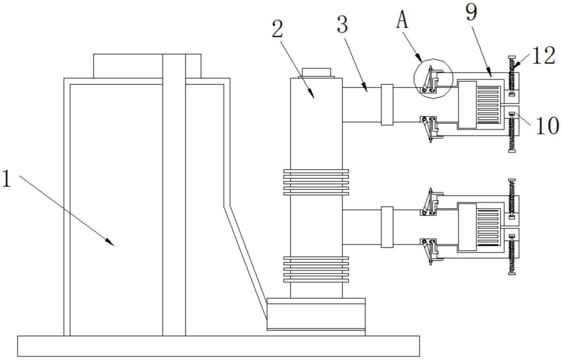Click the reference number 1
point(7,179)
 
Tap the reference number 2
point(278,29)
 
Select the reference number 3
point(343,25)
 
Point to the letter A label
point(402,20)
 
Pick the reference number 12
point(543,56)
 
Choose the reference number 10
point(547,125)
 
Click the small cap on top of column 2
point(316,73)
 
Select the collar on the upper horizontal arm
point(387,105)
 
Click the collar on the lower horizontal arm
point(387,227)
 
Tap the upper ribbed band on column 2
point(316,182)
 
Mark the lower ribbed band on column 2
point(316,269)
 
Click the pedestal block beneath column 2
point(316,314)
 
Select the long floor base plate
point(219,346)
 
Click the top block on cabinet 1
point(147,66)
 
